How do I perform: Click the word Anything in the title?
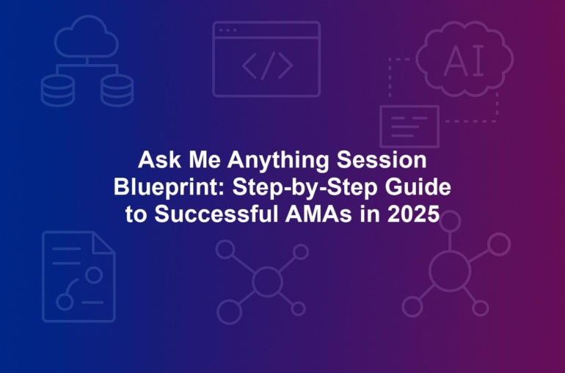278,161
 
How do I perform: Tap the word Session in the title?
382,160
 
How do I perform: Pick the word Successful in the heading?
216,214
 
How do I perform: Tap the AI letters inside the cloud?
464,61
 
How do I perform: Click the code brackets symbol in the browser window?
267,65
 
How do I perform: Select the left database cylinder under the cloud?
58,90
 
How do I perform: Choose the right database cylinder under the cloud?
117,90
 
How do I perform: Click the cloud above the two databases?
87,36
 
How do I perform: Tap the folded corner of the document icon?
103,243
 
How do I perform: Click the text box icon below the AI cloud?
409,126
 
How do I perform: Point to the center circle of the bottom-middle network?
267,281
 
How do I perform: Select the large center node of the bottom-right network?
450,270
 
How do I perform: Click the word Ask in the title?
159,160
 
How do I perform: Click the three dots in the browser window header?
227,30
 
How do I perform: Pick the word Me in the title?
204,160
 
